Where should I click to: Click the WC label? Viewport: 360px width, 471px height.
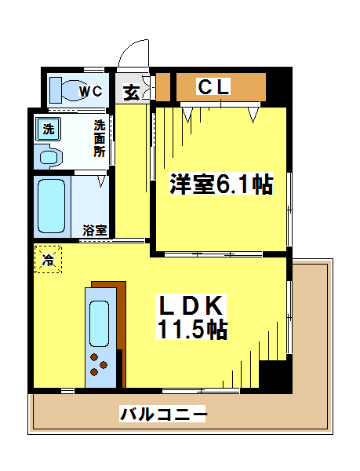point(91,90)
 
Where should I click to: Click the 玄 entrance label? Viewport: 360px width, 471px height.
point(132,93)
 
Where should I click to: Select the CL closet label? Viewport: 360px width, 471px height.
point(213,86)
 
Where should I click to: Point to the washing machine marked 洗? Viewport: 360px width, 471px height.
point(49,130)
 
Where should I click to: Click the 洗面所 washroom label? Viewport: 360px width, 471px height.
point(100,138)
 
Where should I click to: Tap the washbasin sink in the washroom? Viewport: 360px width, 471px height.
point(49,157)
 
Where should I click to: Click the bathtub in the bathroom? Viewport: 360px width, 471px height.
point(51,206)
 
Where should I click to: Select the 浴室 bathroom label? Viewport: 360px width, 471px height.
point(95,230)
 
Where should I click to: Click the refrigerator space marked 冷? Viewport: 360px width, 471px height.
point(48,260)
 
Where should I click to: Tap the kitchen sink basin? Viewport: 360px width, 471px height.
point(100,323)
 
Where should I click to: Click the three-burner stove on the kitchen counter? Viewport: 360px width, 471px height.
point(99,365)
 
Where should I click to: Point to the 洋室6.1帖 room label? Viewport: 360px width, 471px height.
point(221,184)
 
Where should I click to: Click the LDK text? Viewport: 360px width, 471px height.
point(191,305)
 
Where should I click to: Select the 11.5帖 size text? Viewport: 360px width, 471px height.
point(191,329)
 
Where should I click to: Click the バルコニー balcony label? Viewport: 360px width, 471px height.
point(163,414)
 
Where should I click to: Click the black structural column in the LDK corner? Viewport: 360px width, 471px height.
point(275,375)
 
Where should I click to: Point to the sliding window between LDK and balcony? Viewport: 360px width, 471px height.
point(201,391)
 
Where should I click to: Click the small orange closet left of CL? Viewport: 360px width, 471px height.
point(163,86)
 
